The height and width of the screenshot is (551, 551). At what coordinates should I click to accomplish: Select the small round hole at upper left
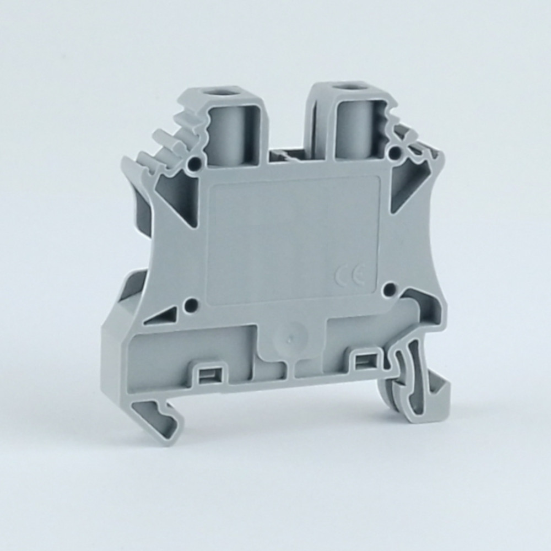pyautogui.click(x=192, y=163)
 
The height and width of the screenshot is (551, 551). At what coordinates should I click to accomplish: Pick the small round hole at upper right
pyautogui.click(x=396, y=152)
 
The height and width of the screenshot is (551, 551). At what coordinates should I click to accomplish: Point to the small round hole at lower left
pyautogui.click(x=190, y=302)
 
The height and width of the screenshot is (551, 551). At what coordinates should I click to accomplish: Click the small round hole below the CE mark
pyautogui.click(x=389, y=289)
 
